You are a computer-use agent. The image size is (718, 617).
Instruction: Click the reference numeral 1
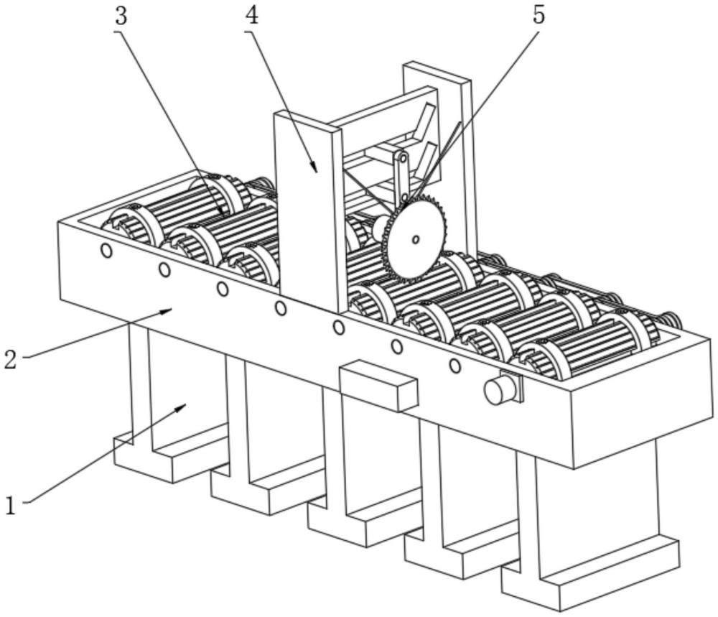pos(10,506)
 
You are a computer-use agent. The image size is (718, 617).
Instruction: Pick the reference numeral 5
pos(538,16)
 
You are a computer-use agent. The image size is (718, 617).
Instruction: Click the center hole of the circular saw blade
pos(415,239)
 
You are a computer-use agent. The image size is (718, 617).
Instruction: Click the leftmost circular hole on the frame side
pos(106,251)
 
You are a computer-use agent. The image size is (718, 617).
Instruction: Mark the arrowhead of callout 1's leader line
pos(185,406)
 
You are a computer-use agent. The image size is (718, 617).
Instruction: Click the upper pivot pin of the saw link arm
pos(403,157)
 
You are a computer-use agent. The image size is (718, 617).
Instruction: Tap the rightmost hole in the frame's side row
pos(454,366)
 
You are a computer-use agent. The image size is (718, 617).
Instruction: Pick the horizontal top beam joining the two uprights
pos(388,108)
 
